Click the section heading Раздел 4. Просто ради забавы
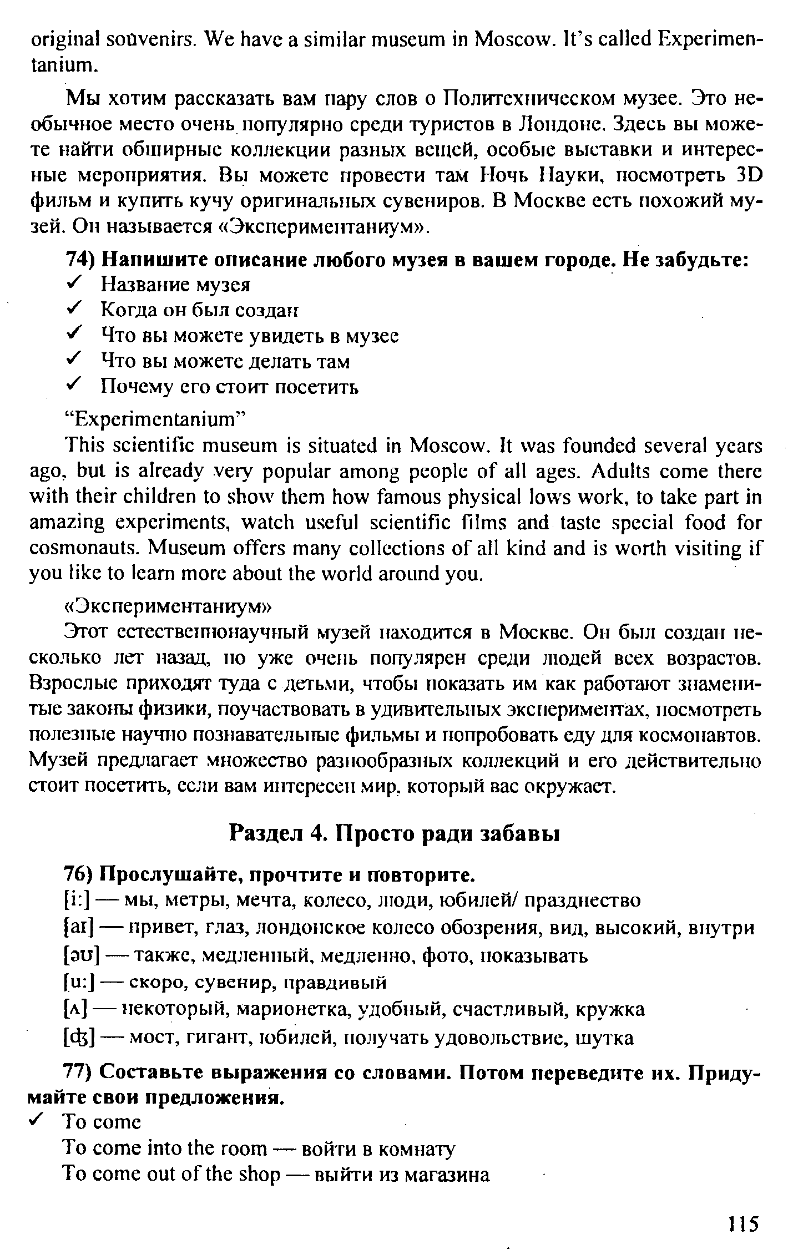(395, 834)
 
